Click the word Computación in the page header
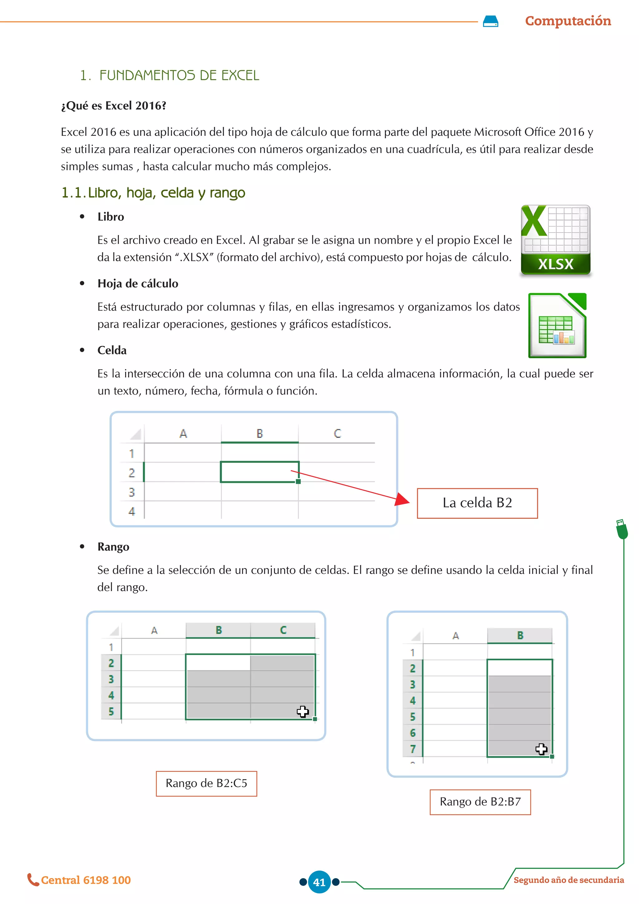pyautogui.click(x=568, y=21)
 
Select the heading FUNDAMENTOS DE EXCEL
pyautogui.click(x=179, y=75)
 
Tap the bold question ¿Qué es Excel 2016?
pyautogui.click(x=114, y=106)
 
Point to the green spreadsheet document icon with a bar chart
pyautogui.click(x=557, y=326)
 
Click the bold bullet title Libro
pyautogui.click(x=110, y=217)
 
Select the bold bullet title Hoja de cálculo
pyautogui.click(x=138, y=283)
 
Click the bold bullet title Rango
pyautogui.click(x=113, y=547)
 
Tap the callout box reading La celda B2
pyautogui.click(x=477, y=503)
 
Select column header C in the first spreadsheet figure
pyautogui.click(x=337, y=434)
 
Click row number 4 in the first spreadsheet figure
pyautogui.click(x=132, y=511)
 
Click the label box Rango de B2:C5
pyautogui.click(x=206, y=784)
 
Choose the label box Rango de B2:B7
pyautogui.click(x=480, y=802)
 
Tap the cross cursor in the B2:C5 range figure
pyautogui.click(x=303, y=711)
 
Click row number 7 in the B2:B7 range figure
pyautogui.click(x=413, y=749)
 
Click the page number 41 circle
pyautogui.click(x=319, y=882)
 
